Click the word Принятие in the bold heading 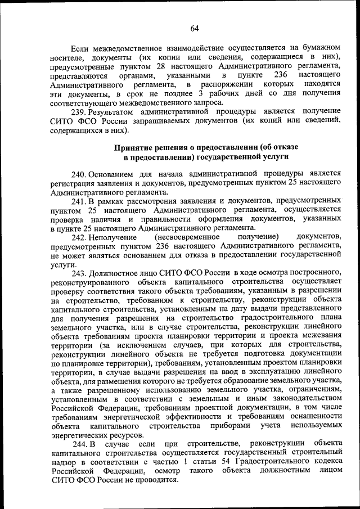click(x=131, y=147)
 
